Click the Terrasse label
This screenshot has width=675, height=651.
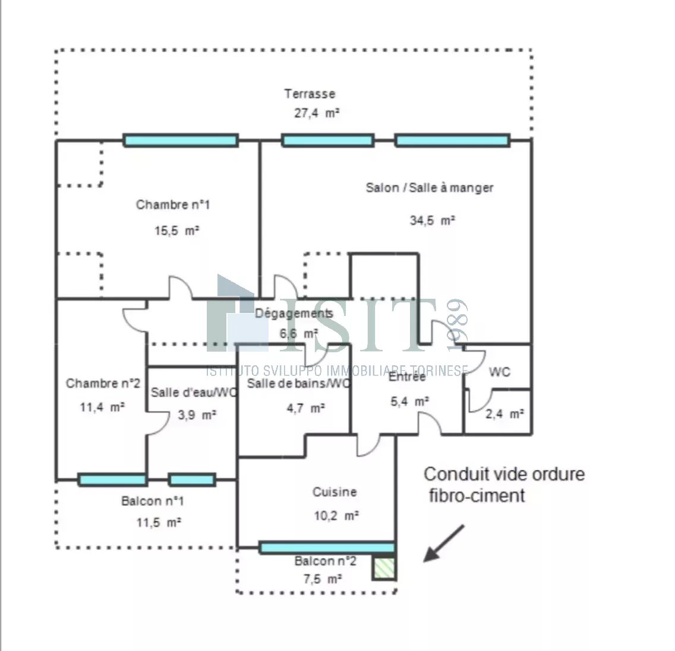(x=310, y=94)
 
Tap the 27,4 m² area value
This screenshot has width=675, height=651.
(x=317, y=113)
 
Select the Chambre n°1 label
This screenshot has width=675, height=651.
(x=173, y=205)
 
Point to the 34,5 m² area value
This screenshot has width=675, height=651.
(x=432, y=220)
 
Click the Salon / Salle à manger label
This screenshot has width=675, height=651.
(x=430, y=188)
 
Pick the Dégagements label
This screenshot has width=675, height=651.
(x=294, y=314)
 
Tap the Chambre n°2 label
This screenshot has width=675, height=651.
(x=103, y=384)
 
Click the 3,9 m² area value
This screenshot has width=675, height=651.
(x=197, y=415)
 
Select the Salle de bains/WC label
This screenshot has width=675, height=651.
(x=299, y=384)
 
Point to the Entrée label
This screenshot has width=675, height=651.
(x=407, y=376)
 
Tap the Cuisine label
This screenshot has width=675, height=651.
(x=335, y=492)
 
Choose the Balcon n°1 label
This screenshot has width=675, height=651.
(x=153, y=501)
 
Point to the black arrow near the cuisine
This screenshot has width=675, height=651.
(x=443, y=543)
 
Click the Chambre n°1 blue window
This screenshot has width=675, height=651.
(x=181, y=141)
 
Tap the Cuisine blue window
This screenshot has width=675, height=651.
(x=327, y=548)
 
